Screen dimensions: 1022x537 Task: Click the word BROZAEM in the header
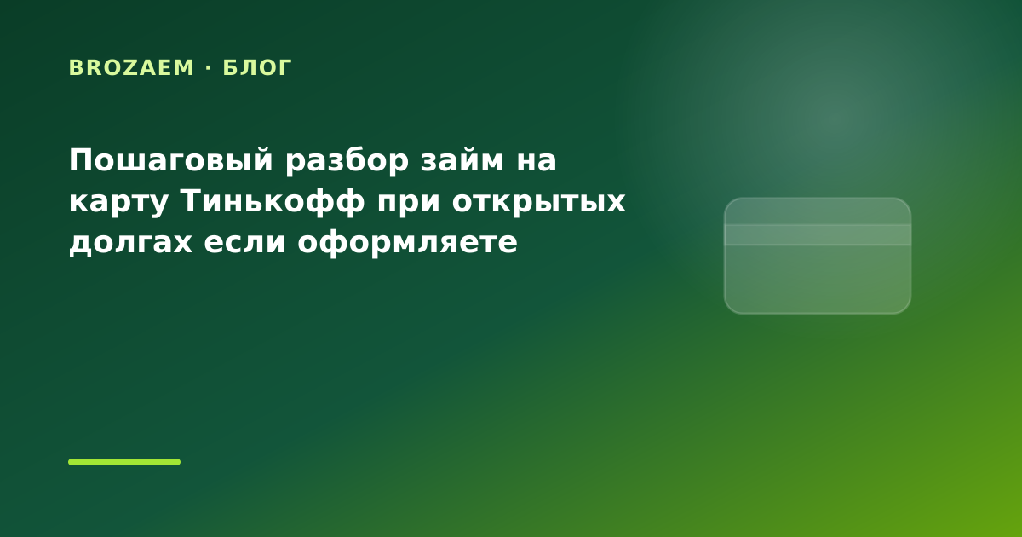coord(131,67)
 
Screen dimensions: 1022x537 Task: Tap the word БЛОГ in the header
coord(257,67)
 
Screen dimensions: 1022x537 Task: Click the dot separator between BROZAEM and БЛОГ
coord(209,67)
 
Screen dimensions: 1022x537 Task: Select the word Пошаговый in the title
coord(170,161)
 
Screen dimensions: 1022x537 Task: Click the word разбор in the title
coord(347,161)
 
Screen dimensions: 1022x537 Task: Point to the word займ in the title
coord(462,160)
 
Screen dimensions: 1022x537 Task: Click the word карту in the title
coord(118,202)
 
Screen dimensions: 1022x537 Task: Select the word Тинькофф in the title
coord(273,201)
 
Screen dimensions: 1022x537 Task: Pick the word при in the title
coord(408,203)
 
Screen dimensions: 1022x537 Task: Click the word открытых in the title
coord(538,202)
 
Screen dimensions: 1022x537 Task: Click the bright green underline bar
coord(124,462)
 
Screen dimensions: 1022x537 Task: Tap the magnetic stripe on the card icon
coord(817,234)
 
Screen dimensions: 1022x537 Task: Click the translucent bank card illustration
coord(817,256)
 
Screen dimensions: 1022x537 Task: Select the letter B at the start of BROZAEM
coord(75,67)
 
